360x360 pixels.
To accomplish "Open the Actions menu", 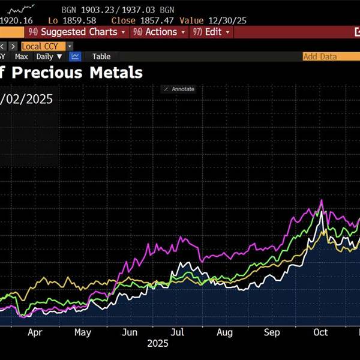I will pos(160,32).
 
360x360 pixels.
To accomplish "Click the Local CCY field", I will pos(43,46).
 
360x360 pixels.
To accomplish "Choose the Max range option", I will pos(22,56).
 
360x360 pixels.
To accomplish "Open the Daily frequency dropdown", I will pos(49,56).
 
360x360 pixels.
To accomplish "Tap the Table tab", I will pos(101,56).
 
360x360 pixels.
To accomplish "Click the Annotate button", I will pos(179,89).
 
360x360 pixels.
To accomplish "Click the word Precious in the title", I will pos(49,73).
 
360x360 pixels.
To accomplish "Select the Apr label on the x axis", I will pos(35,332).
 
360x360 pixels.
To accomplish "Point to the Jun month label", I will pos(129,332).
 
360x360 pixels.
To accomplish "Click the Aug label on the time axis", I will pos(224,332).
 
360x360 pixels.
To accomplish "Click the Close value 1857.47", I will pos(144,20).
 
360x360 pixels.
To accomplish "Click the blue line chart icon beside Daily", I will pos(76,56).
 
